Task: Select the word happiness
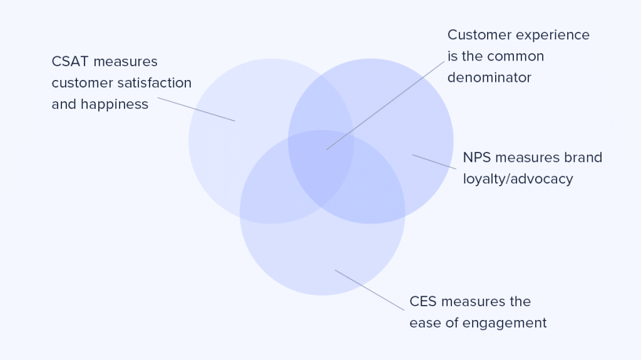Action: (115, 104)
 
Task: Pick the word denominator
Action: (490, 77)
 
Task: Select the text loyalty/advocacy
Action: (518, 179)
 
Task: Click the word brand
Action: (583, 157)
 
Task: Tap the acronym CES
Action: (423, 302)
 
